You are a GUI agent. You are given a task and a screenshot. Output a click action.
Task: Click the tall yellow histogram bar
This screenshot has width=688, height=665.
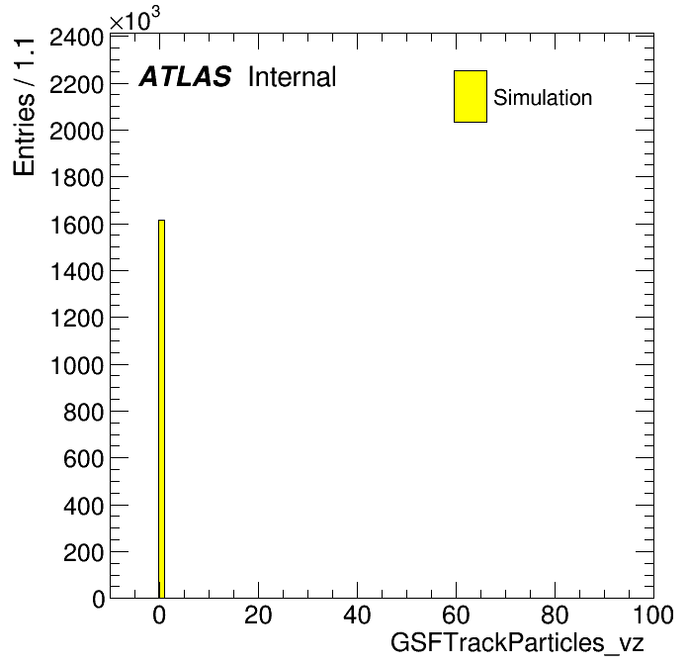point(161,409)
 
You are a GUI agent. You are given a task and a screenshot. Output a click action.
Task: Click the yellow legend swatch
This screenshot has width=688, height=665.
point(471,96)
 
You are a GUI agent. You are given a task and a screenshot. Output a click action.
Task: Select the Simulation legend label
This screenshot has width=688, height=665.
point(543,97)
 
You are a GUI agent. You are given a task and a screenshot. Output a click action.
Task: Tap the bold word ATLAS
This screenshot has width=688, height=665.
point(185,76)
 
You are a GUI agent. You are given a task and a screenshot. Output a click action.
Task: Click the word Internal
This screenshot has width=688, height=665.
point(293,76)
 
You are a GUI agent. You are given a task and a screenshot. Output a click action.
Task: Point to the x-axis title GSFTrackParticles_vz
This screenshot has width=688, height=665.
point(517,643)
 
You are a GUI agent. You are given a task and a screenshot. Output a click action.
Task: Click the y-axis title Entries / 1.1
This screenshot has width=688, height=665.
point(24,107)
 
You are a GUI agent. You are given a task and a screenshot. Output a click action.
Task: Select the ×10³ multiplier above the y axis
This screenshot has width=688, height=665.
point(134,19)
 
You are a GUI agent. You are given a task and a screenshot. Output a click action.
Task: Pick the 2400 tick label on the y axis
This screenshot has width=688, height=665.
point(76,38)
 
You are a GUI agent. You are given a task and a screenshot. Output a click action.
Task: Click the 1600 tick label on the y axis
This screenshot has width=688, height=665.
point(77,226)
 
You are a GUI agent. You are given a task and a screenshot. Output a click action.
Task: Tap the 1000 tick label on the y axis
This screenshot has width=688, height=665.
point(77,366)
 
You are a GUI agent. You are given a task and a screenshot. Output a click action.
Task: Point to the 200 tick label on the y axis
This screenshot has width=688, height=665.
point(83,553)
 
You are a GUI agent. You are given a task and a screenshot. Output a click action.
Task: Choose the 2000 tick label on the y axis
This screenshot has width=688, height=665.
point(76,132)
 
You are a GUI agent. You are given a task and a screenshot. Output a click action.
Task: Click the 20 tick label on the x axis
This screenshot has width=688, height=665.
point(258,616)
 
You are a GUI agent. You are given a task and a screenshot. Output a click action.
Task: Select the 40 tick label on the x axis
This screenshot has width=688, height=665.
point(357,616)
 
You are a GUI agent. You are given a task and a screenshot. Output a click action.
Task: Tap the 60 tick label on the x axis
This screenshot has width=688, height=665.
point(456,616)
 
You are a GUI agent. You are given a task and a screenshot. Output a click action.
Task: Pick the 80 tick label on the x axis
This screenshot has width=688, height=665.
point(556,616)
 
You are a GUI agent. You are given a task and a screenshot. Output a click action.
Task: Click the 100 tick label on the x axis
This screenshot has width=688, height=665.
point(652,616)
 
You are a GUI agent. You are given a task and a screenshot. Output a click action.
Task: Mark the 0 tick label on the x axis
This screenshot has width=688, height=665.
point(159,616)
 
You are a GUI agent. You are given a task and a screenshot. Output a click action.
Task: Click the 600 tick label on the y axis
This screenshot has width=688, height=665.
point(83,459)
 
